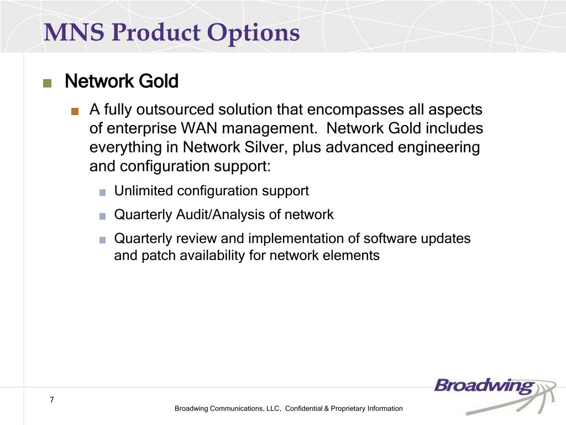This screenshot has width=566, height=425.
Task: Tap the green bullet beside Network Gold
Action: [x=48, y=83]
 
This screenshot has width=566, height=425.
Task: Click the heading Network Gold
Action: [x=122, y=81]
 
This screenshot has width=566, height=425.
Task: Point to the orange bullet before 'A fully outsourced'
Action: [x=75, y=111]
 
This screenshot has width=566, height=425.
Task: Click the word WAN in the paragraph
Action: [x=199, y=128]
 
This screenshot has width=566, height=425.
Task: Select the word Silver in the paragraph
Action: [x=266, y=147]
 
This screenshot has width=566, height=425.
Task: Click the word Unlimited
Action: [x=143, y=190]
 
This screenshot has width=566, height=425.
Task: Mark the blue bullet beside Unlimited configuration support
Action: [x=102, y=193]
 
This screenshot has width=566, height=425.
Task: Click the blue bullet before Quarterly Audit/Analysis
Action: [x=102, y=216]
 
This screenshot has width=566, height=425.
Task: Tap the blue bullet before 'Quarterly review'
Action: [x=102, y=240]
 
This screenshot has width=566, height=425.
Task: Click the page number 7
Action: [x=52, y=400]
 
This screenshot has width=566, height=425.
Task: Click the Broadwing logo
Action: [x=495, y=395]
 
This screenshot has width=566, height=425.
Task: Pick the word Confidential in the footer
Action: [x=303, y=408]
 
